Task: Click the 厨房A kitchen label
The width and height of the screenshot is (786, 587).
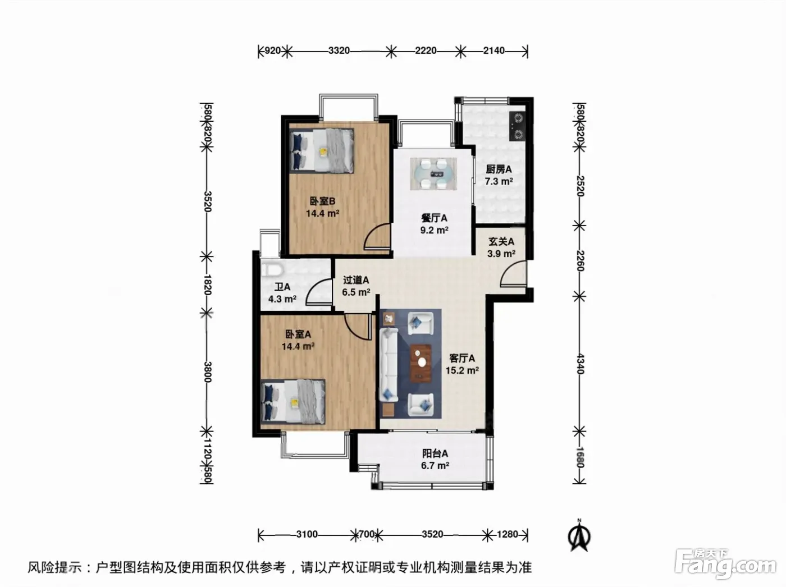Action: pyautogui.click(x=499, y=169)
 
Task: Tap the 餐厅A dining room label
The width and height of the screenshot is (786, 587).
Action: pyautogui.click(x=434, y=218)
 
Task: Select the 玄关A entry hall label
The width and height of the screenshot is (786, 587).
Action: pyautogui.click(x=501, y=242)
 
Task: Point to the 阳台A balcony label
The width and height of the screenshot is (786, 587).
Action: pyautogui.click(x=435, y=453)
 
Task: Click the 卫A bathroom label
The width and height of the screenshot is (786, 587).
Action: pyautogui.click(x=282, y=287)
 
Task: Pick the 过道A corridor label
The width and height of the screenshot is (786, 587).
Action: pyautogui.click(x=355, y=280)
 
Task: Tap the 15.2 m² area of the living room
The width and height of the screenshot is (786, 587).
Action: pyautogui.click(x=462, y=370)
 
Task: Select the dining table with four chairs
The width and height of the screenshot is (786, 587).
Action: pyautogui.click(x=433, y=174)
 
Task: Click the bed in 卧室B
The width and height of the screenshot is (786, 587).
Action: pyautogui.click(x=322, y=151)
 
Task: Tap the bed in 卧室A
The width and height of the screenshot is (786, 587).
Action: pyautogui.click(x=293, y=402)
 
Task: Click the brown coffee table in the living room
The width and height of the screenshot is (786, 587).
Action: pyautogui.click(x=421, y=363)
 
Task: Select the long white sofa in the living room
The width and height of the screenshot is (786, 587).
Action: pyautogui.click(x=389, y=364)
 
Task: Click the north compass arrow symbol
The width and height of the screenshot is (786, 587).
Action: pyautogui.click(x=579, y=537)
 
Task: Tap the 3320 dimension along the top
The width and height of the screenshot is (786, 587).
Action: pyautogui.click(x=339, y=51)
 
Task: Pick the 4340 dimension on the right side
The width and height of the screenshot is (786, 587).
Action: pyautogui.click(x=580, y=364)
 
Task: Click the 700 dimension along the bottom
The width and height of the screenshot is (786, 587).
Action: pyautogui.click(x=366, y=534)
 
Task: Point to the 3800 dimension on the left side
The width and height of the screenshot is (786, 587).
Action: pyautogui.click(x=208, y=372)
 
